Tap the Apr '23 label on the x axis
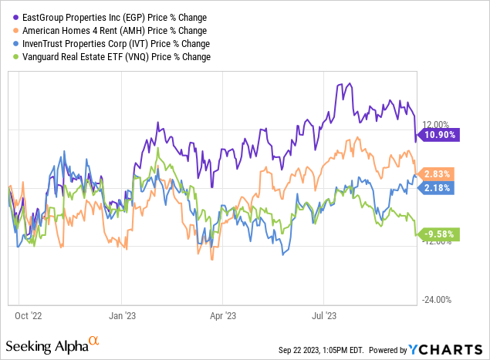[x=222, y=315]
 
